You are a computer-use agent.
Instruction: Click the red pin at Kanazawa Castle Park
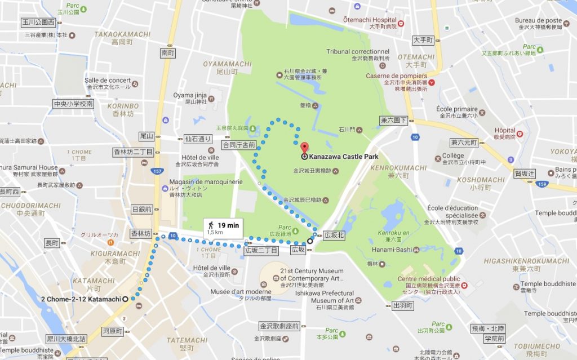305,146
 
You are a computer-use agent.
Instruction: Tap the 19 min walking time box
224,228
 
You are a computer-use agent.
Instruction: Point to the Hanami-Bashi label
392,250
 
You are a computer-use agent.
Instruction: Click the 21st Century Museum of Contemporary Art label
312,274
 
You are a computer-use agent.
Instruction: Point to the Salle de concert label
108,81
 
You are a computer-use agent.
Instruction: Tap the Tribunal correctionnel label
358,52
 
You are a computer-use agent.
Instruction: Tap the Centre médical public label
428,279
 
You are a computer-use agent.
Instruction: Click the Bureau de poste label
538,21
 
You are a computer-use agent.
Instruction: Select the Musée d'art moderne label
233,291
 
